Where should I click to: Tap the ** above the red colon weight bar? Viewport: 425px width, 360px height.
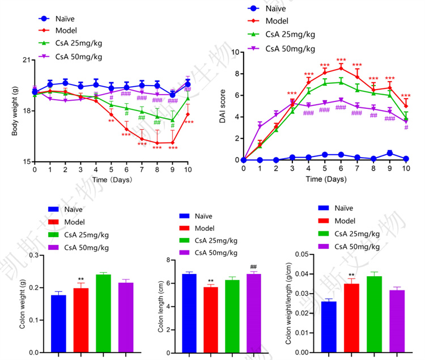[x=82, y=279]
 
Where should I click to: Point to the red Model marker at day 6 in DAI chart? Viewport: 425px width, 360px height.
[x=341, y=69]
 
